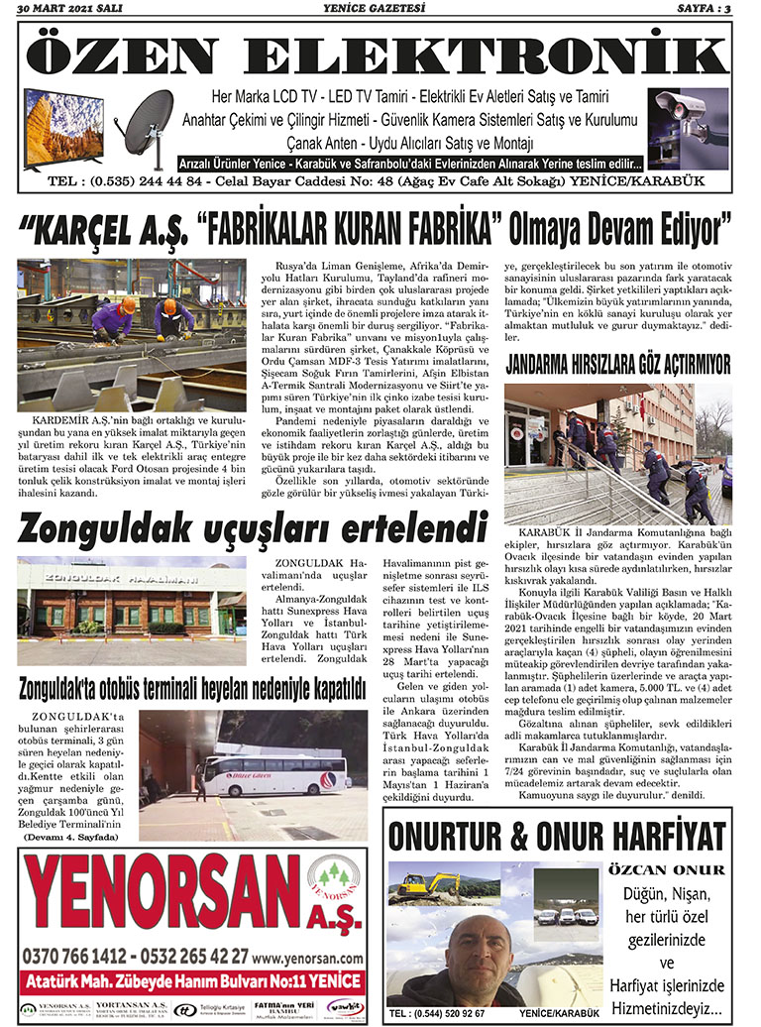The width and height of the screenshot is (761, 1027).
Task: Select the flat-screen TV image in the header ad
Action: pyautogui.click(x=63, y=126)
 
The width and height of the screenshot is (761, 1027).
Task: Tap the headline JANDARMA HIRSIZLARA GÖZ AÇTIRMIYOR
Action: pyautogui.click(x=618, y=364)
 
